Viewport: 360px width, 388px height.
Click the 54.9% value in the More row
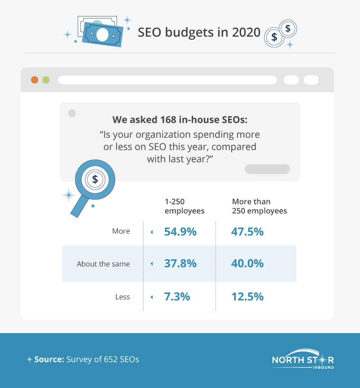[x=180, y=232]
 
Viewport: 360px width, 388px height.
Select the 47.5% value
[x=247, y=232]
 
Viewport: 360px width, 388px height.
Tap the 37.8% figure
[x=180, y=264]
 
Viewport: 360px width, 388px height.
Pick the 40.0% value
[x=247, y=264]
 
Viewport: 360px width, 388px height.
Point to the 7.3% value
[x=177, y=297]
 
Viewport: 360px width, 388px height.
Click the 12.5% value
[x=247, y=297]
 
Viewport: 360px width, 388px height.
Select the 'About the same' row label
[x=103, y=264]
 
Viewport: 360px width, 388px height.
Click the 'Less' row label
[x=122, y=297]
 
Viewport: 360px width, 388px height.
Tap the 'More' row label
[x=121, y=231]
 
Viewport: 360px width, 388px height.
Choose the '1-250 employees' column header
[x=184, y=206]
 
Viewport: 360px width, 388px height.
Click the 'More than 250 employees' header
[x=259, y=206]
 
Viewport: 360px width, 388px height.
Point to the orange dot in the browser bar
[x=34, y=80]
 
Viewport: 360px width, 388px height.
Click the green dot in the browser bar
[x=45, y=80]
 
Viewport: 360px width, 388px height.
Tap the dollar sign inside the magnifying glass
[x=94, y=179]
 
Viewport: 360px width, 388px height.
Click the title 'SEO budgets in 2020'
[x=198, y=33]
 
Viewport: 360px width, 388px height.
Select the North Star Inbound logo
[x=303, y=360]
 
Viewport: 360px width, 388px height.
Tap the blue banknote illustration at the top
[x=102, y=34]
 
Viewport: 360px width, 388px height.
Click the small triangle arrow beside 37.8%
[x=152, y=264]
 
